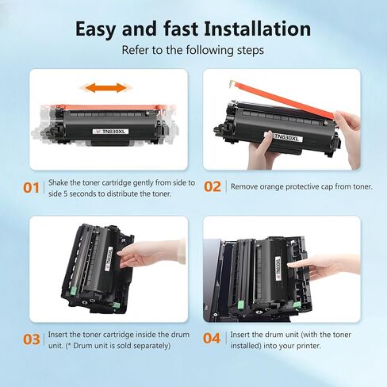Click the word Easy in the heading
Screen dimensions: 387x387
pos(96,29)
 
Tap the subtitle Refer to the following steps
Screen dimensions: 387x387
pos(193,50)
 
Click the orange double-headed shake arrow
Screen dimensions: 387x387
pos(106,88)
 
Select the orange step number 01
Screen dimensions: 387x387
pos(31,188)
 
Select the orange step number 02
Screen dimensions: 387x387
pos(213,186)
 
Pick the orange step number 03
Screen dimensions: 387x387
pos(32,339)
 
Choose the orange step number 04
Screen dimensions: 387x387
pos(212,338)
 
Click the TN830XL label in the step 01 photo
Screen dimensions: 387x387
pos(110,132)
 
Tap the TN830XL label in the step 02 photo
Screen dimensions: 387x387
pos(286,137)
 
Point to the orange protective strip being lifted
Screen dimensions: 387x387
pos(283,99)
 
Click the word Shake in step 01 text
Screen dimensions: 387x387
pos(58,182)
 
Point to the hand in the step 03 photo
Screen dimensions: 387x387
pos(151,254)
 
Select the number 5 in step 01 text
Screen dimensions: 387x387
pos(66,193)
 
